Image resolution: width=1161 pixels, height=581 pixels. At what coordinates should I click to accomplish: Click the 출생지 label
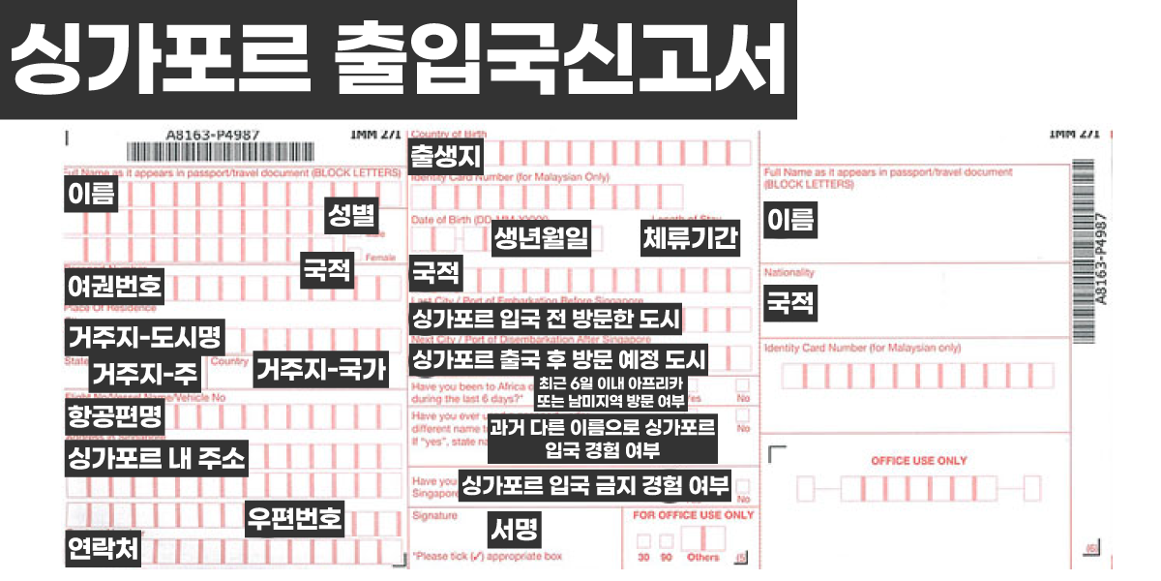click(446, 156)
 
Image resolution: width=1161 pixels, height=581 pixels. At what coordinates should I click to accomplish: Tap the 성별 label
click(350, 216)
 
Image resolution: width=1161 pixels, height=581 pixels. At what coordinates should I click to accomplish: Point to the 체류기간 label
click(691, 238)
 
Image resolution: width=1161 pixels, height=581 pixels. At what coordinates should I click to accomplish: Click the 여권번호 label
click(114, 286)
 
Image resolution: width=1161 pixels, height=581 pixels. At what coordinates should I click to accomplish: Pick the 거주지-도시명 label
click(144, 338)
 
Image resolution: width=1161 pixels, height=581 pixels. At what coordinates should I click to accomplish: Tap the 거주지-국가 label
click(320, 369)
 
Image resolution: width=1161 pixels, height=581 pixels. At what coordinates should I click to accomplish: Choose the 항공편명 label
click(114, 417)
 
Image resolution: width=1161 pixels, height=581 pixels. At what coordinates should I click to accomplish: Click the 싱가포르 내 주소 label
click(156, 458)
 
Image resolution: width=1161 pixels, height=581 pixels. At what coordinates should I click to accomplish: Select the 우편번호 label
click(294, 518)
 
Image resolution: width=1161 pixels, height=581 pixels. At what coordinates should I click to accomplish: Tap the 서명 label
click(515, 529)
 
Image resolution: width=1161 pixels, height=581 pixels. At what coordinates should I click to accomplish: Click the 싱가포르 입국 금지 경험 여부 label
click(595, 484)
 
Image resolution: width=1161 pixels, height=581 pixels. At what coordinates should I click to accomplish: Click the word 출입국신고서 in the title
click(558, 59)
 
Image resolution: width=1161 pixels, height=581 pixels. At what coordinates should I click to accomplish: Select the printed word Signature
click(434, 516)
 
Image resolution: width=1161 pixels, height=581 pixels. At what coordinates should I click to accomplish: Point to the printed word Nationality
click(789, 273)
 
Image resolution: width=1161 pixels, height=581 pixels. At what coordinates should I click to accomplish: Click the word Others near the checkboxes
click(703, 558)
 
